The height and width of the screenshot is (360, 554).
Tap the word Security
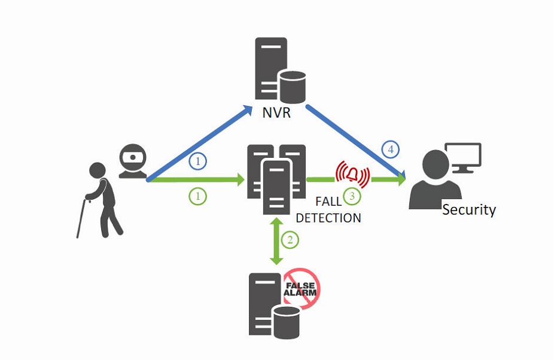click(469, 209)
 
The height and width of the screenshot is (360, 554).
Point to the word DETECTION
click(328, 218)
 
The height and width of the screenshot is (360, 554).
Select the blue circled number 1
click(197, 161)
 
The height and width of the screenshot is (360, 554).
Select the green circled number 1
click(197, 196)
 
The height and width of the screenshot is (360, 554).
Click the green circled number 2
click(290, 240)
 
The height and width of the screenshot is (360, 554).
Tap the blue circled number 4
click(391, 150)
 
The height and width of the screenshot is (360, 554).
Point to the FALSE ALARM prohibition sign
click(301, 287)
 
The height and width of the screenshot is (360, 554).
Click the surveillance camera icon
click(132, 161)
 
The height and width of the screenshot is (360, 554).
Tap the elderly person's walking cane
click(83, 218)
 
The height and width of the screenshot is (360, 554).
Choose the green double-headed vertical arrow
click(276, 241)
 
